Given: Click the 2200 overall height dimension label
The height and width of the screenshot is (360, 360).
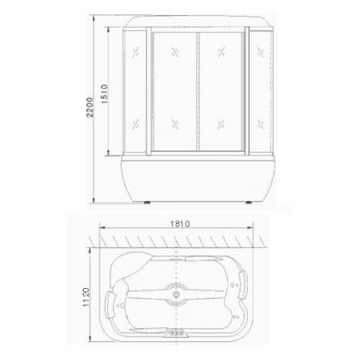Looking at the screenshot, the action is pos(90,108).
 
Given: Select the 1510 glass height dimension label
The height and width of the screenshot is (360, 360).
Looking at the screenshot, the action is pos(104,93).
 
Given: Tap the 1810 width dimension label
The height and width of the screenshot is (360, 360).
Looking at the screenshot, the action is pos(180,224).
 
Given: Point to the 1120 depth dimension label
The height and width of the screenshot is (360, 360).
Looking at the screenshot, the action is pos(86,297).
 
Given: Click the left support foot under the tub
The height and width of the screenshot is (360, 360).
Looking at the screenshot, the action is pos(148,203).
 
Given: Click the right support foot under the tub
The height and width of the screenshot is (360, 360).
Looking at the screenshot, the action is pos(249,203).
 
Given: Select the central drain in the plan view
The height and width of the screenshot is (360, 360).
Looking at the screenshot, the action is pos(176,294).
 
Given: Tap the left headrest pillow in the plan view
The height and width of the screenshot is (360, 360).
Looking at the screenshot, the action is pos(110,305).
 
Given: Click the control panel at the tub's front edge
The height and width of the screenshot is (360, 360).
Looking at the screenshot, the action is pos(176,332).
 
